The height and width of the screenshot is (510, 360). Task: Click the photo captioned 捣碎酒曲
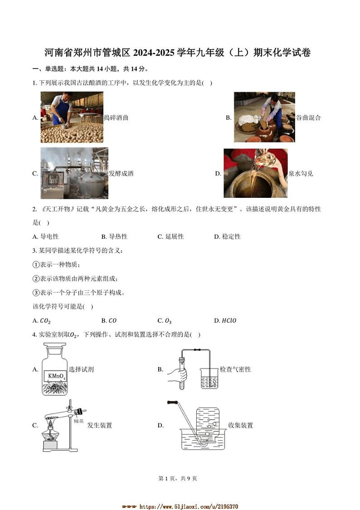[x=72, y=117]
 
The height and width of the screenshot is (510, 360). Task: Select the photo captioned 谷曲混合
[x=264, y=117]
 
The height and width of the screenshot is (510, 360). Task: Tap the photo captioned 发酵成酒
[x=74, y=173]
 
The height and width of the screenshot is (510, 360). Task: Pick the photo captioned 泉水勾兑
[x=255, y=173]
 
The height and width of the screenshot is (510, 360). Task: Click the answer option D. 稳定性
[x=227, y=237]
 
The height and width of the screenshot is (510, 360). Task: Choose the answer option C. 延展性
[x=170, y=237]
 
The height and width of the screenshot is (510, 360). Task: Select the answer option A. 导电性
[x=46, y=237]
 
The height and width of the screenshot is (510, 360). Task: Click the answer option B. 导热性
[x=114, y=237]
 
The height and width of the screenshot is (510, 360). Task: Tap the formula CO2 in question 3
[x=45, y=321]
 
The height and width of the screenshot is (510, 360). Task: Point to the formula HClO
[x=229, y=321]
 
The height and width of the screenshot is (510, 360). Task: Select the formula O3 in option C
[x=168, y=321]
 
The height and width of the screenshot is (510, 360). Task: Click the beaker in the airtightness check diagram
[x=209, y=378]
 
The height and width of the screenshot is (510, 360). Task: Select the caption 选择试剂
[x=81, y=370]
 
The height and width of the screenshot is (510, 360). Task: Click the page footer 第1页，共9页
[x=180, y=478]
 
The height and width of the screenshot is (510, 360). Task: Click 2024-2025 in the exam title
[x=155, y=53]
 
